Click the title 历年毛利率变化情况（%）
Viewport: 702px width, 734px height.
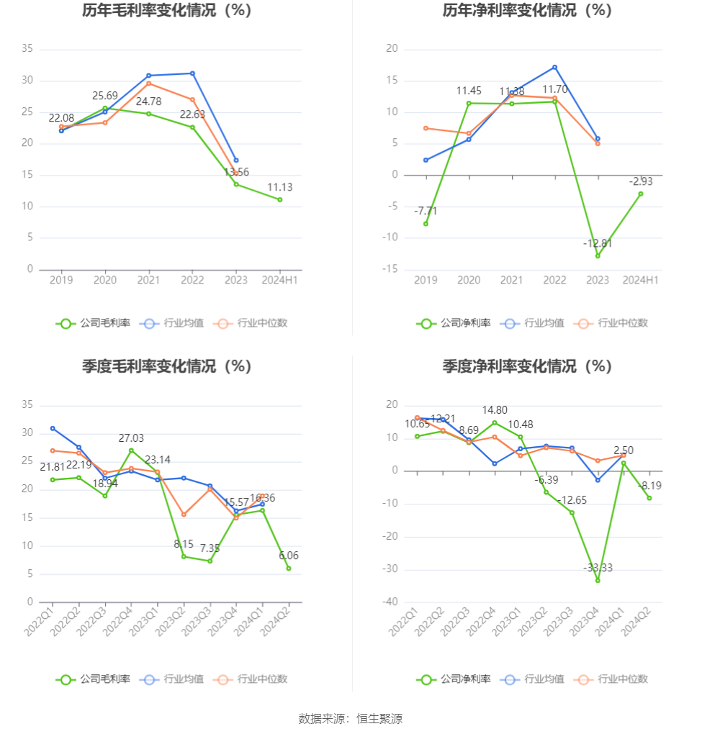coord(166,11)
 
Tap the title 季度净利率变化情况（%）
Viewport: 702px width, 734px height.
coord(526,366)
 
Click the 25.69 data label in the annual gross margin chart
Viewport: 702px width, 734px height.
coord(105,96)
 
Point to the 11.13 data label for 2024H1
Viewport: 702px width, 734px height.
coord(280,187)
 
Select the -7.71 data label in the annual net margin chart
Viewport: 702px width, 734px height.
coord(426,211)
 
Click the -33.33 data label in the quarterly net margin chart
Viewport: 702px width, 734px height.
coord(598,568)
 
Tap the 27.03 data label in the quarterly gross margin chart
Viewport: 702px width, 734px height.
coord(131,438)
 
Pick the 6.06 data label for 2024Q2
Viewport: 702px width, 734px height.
coord(288,556)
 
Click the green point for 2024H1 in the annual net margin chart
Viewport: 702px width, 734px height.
coord(641,194)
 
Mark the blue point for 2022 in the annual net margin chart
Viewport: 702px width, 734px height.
coord(554,67)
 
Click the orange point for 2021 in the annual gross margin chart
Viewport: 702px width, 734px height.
coord(148,83)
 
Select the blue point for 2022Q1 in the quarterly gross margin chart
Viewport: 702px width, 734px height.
coord(53,428)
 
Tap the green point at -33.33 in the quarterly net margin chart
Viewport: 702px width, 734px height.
coord(598,580)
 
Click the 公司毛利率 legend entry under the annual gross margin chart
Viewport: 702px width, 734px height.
coord(94,323)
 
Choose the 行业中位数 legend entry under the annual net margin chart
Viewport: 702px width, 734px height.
coord(611,323)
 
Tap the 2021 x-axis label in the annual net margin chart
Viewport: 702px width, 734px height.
coord(511,280)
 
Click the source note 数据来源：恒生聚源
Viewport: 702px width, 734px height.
coord(351,718)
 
